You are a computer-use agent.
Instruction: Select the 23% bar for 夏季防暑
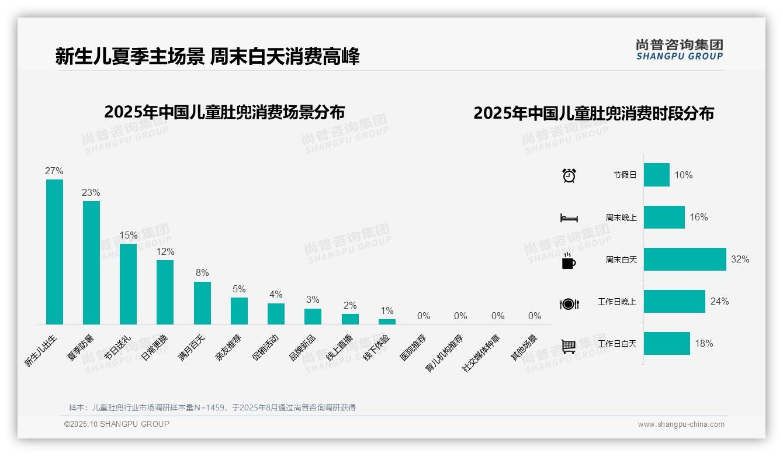(x=91, y=262)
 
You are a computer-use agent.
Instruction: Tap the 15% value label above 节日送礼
(x=129, y=235)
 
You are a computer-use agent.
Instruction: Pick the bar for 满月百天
(x=202, y=303)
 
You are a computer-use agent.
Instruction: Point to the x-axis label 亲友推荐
(x=228, y=347)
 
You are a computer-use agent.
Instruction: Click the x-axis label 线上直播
(x=339, y=347)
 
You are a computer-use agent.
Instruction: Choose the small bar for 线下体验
(x=387, y=322)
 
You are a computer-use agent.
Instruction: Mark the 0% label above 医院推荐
(x=424, y=316)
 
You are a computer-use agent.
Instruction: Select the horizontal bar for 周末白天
(x=685, y=259)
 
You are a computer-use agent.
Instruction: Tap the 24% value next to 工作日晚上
(x=719, y=301)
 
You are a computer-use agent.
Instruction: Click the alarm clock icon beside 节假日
(x=569, y=175)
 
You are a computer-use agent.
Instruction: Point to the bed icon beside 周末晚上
(x=569, y=217)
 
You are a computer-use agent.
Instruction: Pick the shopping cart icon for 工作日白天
(x=569, y=346)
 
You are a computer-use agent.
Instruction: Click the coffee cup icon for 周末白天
(x=569, y=261)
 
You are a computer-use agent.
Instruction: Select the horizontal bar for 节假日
(x=657, y=175)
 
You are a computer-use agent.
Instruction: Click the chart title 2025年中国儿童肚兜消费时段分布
(x=594, y=113)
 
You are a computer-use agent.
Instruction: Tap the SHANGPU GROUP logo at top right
(x=679, y=50)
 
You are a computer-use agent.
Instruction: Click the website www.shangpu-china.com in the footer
(x=681, y=424)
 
